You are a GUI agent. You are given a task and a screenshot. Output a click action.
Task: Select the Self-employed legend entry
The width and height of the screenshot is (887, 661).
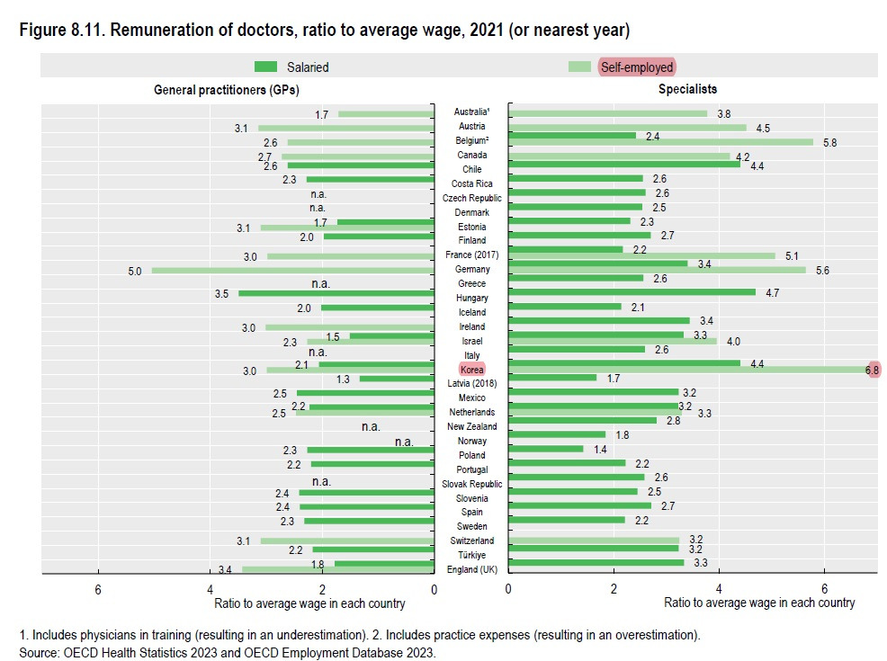[635, 67]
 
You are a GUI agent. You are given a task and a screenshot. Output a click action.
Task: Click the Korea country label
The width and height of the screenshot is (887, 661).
[471, 370]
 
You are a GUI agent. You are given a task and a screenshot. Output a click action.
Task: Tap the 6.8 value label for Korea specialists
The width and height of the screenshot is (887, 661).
[871, 369]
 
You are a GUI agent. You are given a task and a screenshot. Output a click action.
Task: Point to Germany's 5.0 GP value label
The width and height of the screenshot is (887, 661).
[135, 270]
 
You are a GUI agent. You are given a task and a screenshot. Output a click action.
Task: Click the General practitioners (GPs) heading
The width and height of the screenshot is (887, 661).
[227, 90]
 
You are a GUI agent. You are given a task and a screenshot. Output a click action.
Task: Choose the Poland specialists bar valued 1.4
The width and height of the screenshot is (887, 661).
[545, 448]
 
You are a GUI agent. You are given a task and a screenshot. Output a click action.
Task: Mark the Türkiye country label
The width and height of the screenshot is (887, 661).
[471, 555]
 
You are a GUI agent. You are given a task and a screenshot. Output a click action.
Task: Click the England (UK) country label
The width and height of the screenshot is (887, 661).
[471, 569]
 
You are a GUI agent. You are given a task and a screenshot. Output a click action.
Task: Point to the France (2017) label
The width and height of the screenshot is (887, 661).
[471, 255]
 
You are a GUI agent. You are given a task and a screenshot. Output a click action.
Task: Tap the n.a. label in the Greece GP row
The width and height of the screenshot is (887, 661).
[321, 283]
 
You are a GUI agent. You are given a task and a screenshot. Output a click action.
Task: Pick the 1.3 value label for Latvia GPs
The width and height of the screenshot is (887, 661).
[343, 379]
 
